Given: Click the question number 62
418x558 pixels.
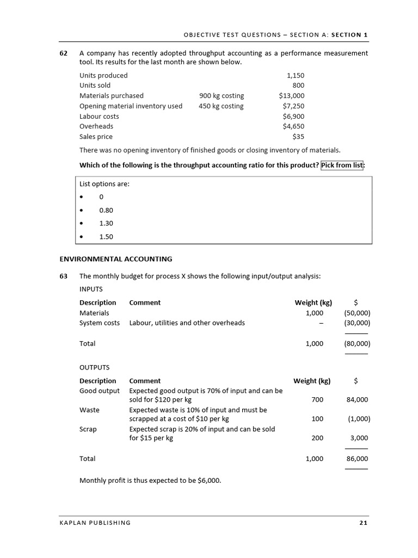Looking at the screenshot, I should (x=63, y=53).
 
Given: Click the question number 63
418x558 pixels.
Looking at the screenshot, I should (x=63, y=276).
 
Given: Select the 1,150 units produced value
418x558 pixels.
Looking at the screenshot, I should (x=296, y=75).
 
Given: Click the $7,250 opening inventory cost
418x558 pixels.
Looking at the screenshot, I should (x=293, y=106).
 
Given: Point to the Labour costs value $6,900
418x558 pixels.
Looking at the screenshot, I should (x=293, y=116).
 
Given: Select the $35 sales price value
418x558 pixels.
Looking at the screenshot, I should (x=298, y=137).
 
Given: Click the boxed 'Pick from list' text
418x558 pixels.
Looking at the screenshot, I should (x=342, y=165).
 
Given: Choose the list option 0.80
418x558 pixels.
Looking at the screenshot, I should (x=106, y=210).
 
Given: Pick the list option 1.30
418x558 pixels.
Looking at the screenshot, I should (x=106, y=223).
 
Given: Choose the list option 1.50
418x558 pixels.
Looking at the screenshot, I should (x=106, y=236).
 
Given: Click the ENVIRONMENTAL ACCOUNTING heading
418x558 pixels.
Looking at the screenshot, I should (x=115, y=259).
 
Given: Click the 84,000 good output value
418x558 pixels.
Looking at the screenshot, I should (x=357, y=399).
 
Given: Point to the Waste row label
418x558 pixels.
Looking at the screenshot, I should (x=89, y=410).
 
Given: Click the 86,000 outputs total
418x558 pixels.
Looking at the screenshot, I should (x=357, y=459).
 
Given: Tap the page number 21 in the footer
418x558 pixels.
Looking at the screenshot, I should (x=364, y=523).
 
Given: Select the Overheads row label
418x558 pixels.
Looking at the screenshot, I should (x=96, y=126).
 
